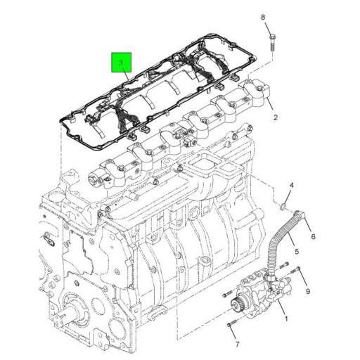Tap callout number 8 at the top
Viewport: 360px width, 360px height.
(263, 17)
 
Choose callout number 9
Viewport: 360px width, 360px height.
(307, 290)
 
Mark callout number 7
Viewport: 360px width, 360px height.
(237, 345)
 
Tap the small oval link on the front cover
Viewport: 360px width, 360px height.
(48, 240)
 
